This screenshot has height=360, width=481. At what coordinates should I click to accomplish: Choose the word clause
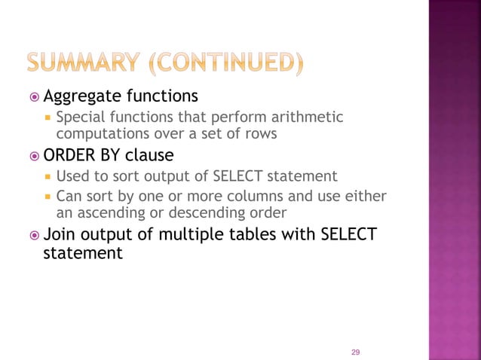point(149,155)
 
